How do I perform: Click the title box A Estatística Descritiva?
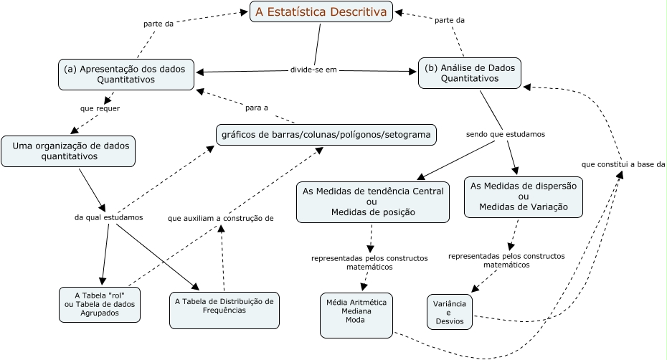tap(321, 11)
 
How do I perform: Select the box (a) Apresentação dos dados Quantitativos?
tap(126, 75)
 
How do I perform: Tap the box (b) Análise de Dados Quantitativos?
tap(470, 73)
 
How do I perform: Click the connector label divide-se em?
tap(313, 70)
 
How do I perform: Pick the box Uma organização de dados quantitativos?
tap(68, 151)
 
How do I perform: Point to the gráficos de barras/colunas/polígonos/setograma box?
tap(326, 135)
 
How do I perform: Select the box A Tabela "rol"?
tap(100, 304)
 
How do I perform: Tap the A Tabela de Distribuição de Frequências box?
tap(224, 305)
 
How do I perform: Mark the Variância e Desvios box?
tap(450, 312)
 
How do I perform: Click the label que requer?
tap(100, 109)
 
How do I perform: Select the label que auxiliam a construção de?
tap(220, 217)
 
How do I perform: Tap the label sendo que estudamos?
tap(505, 134)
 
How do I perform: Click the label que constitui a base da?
tap(623, 164)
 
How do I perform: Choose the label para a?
tap(256, 108)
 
